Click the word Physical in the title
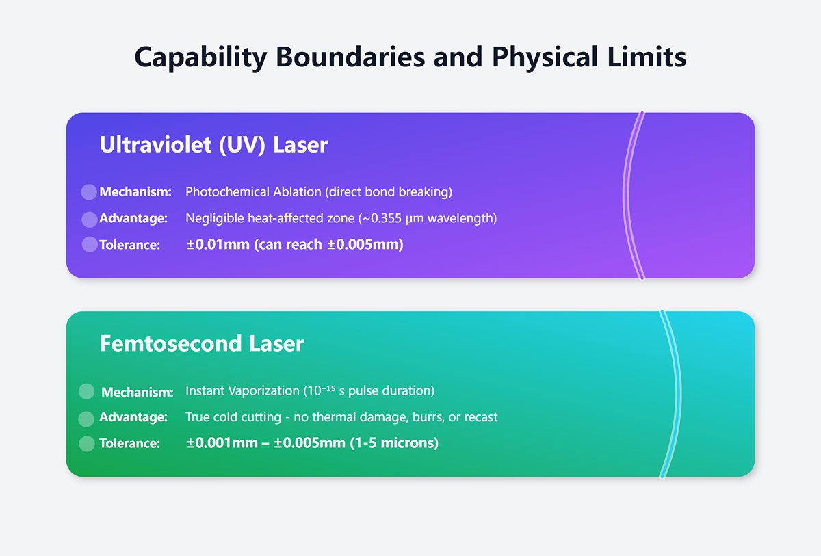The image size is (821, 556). click(532, 57)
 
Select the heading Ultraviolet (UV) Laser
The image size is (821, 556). click(213, 145)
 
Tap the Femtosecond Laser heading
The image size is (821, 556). click(202, 343)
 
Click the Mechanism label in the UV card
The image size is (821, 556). click(135, 192)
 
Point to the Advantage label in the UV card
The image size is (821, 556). click(133, 219)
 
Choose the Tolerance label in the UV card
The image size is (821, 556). click(129, 245)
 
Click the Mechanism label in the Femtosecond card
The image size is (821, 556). click(137, 392)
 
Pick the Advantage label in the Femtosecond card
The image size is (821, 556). click(133, 417)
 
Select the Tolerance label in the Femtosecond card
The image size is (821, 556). click(129, 443)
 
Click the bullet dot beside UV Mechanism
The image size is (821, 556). click(89, 192)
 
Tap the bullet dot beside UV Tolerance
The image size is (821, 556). click(89, 244)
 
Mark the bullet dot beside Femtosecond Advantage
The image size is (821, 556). click(86, 418)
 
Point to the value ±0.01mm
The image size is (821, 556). click(218, 244)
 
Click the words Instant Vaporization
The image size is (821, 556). click(242, 391)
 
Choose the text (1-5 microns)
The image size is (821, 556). click(393, 443)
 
